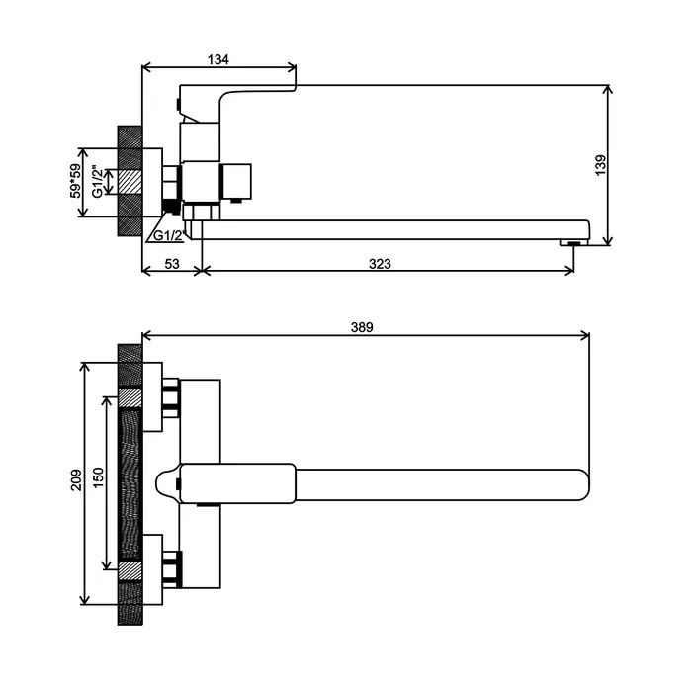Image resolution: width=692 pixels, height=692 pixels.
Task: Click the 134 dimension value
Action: pos(218,59)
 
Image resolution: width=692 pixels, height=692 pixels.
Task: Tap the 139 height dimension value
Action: pos(601,165)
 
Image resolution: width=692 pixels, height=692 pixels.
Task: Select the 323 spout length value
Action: pos(380,264)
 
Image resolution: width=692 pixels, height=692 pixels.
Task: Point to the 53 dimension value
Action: pos(172,264)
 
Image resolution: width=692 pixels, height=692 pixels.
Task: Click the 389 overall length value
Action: pos(362,327)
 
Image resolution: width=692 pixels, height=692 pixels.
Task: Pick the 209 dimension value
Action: pos(76,479)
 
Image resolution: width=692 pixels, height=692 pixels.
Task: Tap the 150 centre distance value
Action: pos(98,477)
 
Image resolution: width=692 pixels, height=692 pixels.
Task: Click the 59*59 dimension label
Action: pos(76,181)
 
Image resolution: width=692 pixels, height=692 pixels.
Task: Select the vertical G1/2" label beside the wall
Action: pos(97,181)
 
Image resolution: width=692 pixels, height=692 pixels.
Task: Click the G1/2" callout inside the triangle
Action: pos(168,235)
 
